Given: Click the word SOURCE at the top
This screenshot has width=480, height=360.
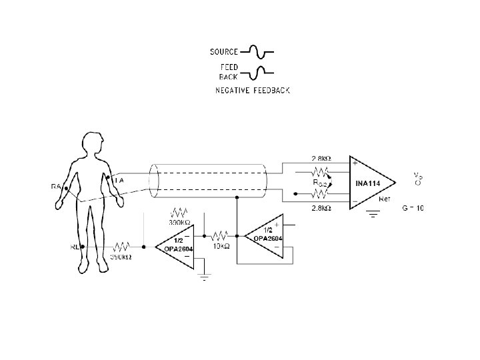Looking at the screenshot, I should [224, 51].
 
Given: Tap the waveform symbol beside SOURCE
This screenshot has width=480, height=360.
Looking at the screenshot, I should [257, 51].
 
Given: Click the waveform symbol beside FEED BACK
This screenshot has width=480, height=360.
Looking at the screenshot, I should [257, 71].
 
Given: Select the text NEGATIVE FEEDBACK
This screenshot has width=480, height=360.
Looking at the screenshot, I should [252, 89].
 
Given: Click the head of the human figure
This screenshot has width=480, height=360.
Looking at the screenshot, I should [91, 143].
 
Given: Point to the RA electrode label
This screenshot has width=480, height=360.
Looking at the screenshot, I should [56, 187].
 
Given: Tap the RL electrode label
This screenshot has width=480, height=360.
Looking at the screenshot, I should [75, 246].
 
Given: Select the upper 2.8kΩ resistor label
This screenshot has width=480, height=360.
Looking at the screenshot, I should [321, 159].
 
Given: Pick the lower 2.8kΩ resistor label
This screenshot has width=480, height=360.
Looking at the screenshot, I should [321, 208].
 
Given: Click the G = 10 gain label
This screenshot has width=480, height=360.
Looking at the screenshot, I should [413, 208].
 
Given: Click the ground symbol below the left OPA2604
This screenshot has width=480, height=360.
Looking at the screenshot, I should [205, 277].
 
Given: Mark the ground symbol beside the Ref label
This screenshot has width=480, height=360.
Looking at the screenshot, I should [373, 214].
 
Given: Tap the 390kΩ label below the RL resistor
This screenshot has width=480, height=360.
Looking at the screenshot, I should [120, 257].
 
